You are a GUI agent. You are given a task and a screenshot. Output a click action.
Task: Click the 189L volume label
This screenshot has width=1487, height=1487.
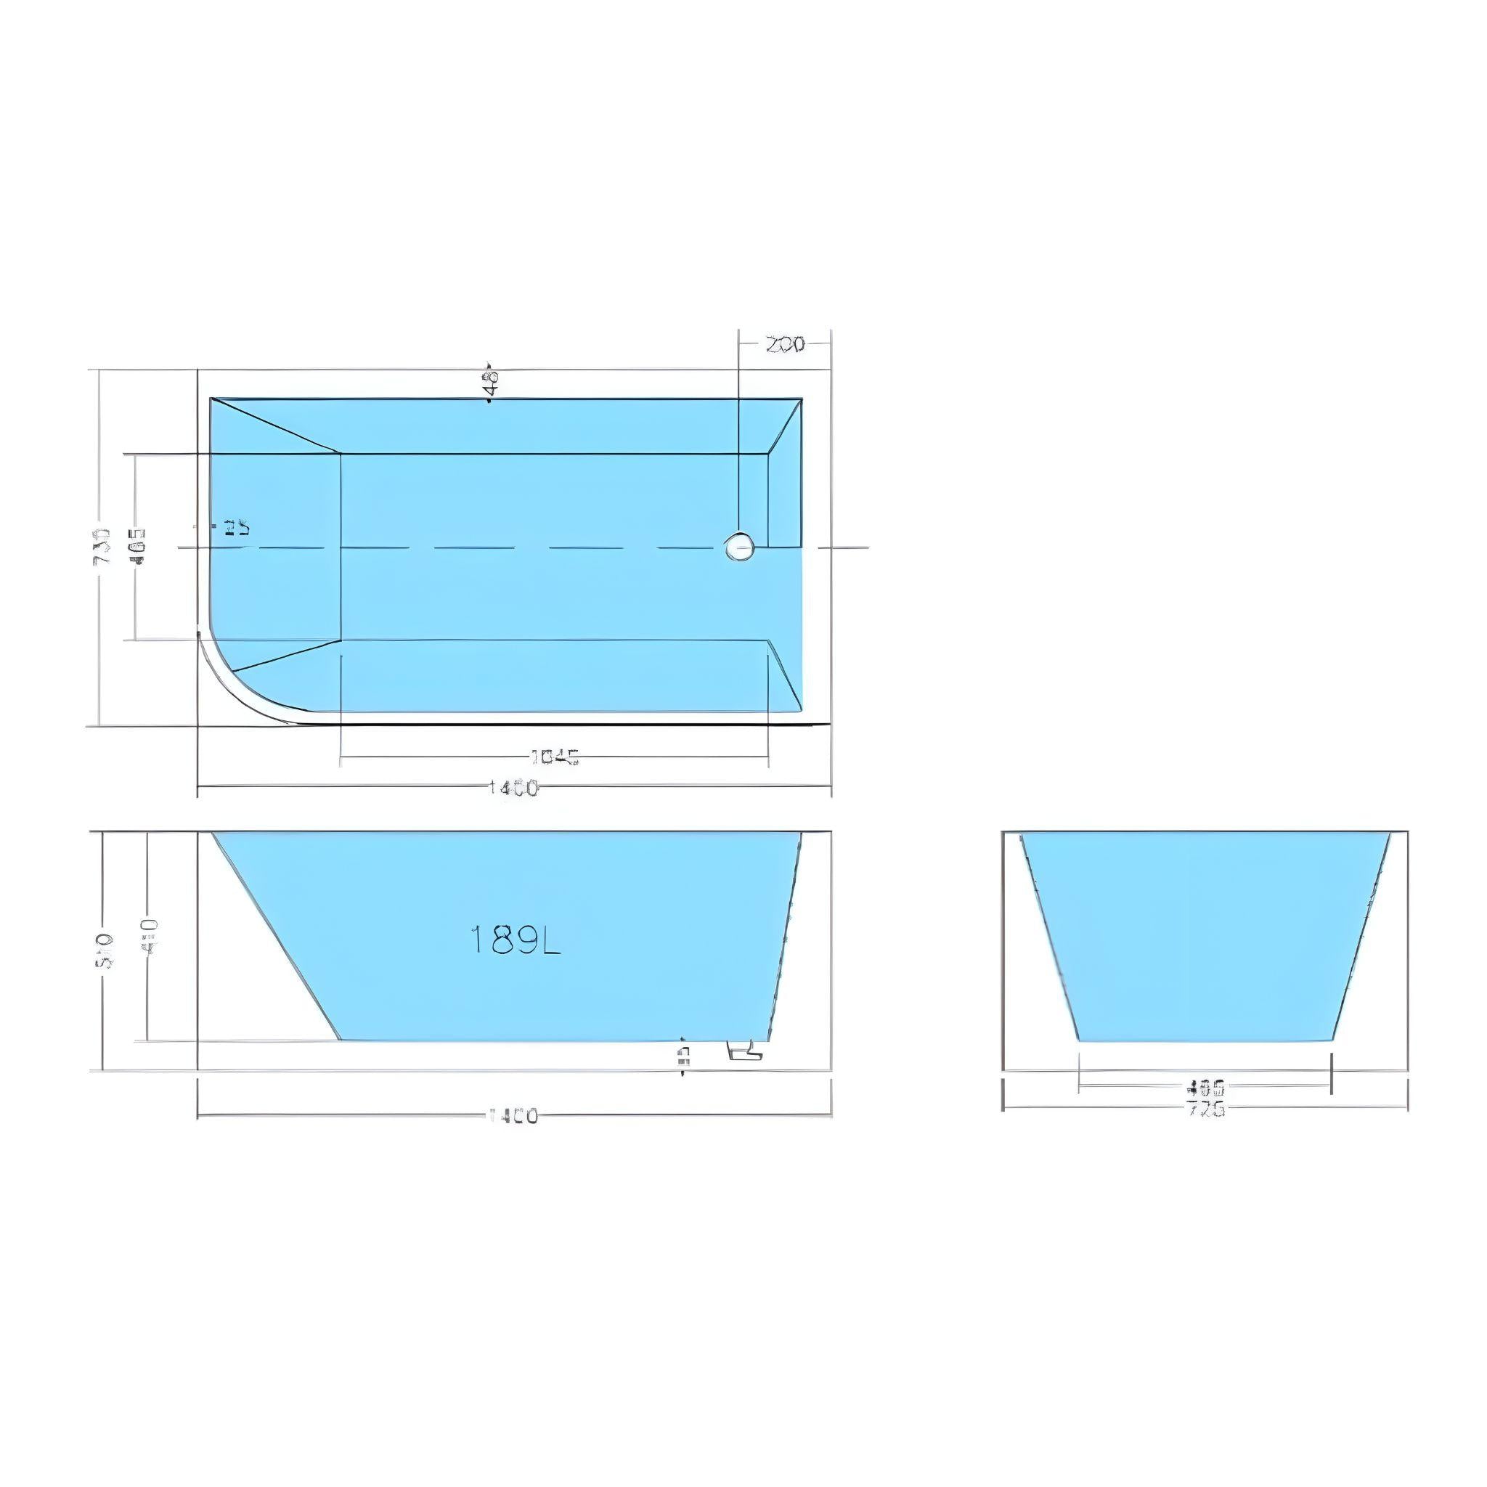(515, 940)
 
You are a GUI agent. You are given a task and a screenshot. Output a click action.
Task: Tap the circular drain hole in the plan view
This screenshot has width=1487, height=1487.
(740, 547)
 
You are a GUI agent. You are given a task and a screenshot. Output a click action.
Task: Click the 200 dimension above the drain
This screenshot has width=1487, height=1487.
(785, 344)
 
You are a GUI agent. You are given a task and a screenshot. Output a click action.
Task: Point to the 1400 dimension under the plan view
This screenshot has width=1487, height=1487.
(514, 788)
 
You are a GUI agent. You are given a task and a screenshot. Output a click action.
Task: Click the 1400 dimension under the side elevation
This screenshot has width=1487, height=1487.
(514, 1115)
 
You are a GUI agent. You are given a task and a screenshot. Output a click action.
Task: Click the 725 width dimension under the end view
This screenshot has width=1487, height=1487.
(1205, 1109)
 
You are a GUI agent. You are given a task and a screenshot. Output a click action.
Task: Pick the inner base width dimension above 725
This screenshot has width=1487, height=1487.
(1205, 1088)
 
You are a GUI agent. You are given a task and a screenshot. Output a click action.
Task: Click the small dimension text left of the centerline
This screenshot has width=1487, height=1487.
(236, 528)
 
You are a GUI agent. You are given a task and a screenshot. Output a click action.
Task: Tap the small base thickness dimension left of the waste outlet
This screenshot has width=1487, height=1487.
(683, 1054)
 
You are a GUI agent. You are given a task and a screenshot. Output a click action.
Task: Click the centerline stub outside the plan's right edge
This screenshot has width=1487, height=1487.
(845, 547)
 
